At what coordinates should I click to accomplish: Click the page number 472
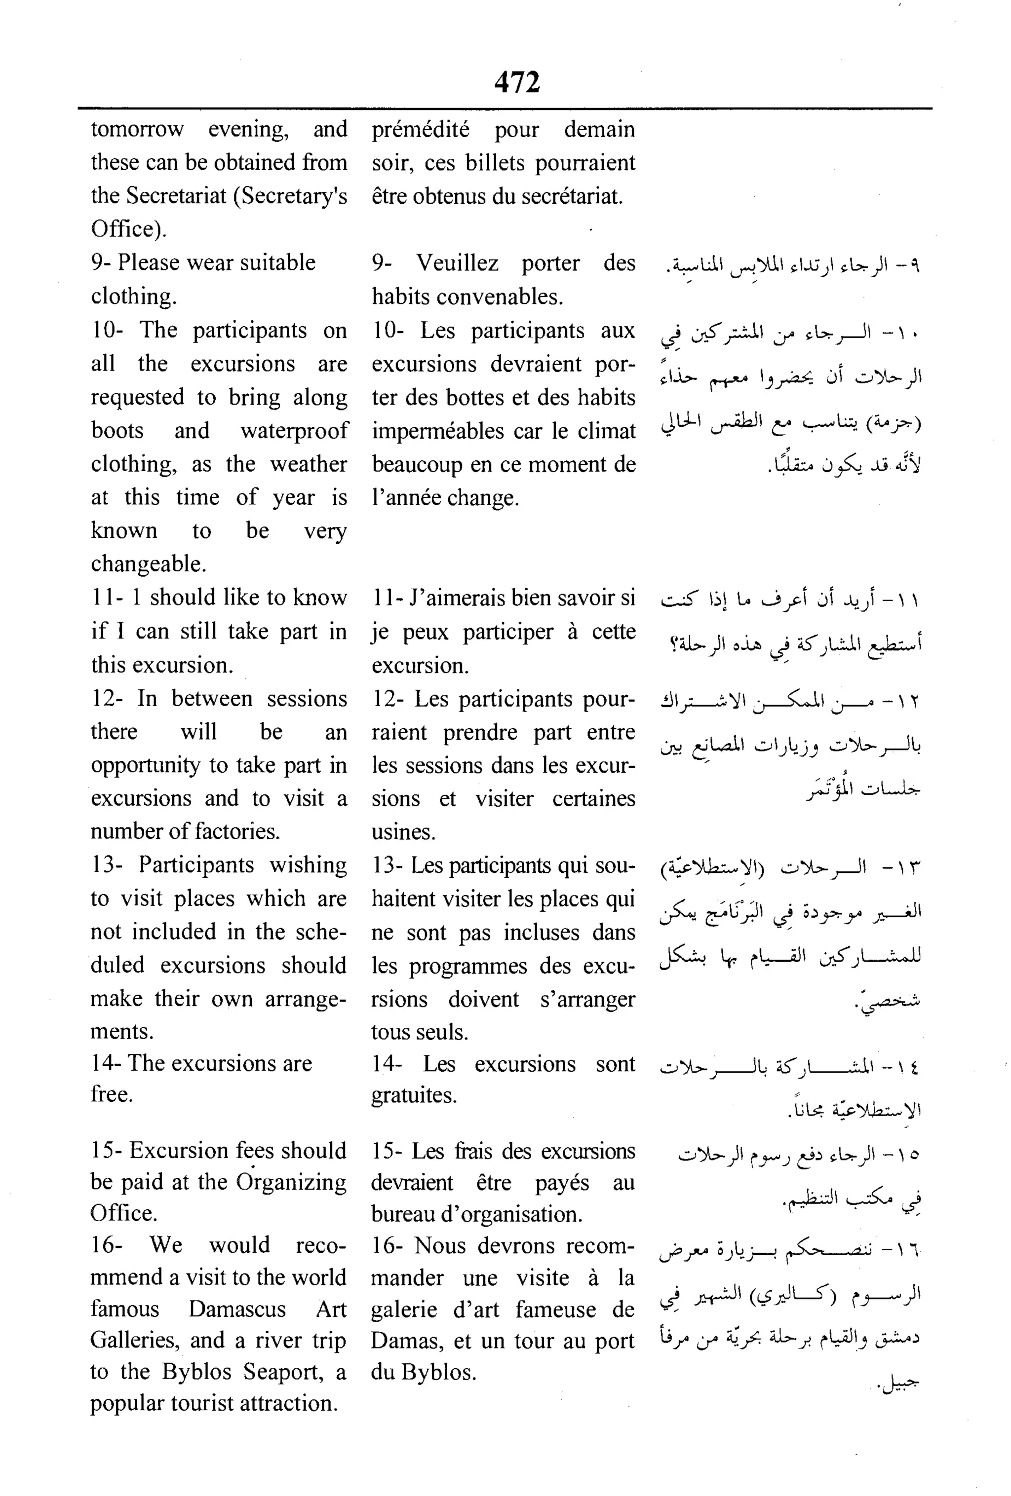coord(516,82)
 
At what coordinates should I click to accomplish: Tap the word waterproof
coord(294,431)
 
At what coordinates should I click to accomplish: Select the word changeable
coord(148,564)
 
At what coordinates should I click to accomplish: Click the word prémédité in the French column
coord(420,129)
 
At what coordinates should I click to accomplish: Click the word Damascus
coord(237,1309)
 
